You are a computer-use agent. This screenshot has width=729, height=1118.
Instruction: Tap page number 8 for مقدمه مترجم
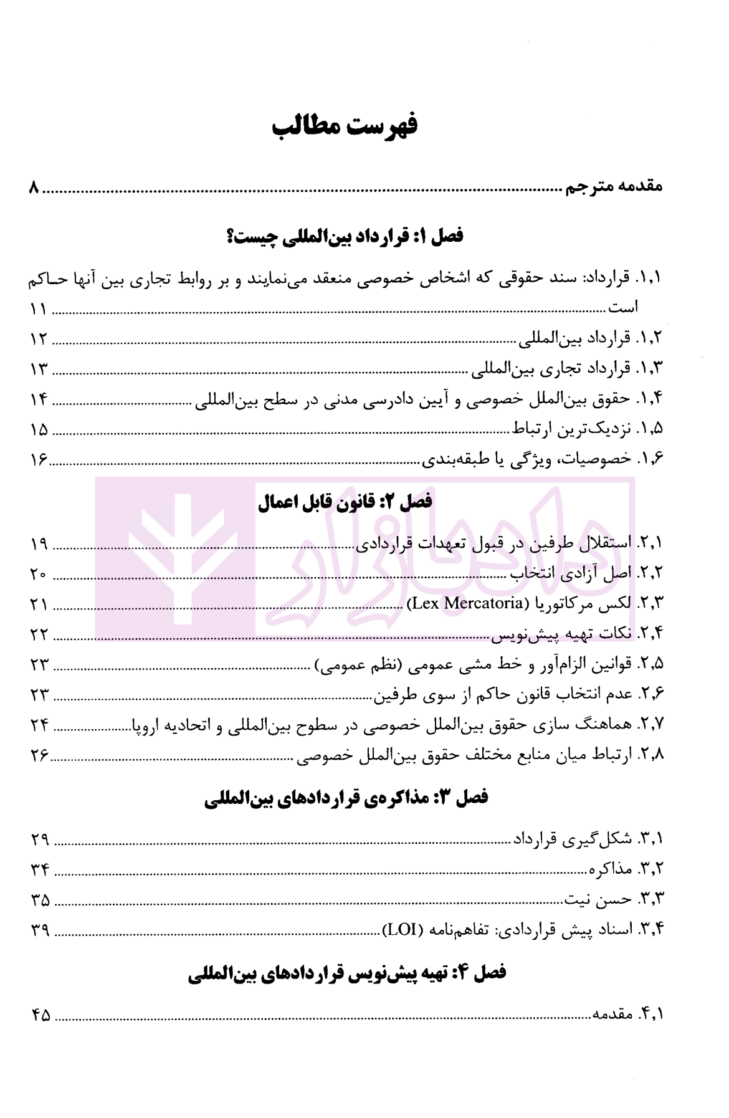coord(34,188)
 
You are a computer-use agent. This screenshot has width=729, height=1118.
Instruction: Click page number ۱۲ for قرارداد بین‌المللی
coord(39,339)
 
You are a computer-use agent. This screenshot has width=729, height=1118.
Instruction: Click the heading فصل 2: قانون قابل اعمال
coord(345,502)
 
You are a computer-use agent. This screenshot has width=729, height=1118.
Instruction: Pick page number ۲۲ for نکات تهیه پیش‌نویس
coord(39,634)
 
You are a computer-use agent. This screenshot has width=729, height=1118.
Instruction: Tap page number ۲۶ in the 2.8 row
coord(39,755)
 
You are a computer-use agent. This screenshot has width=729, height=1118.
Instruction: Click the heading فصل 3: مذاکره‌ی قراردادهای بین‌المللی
coord(346,798)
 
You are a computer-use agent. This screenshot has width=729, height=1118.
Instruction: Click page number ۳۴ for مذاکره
coord(40,869)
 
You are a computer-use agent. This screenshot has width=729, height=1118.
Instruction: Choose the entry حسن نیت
coord(598,899)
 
